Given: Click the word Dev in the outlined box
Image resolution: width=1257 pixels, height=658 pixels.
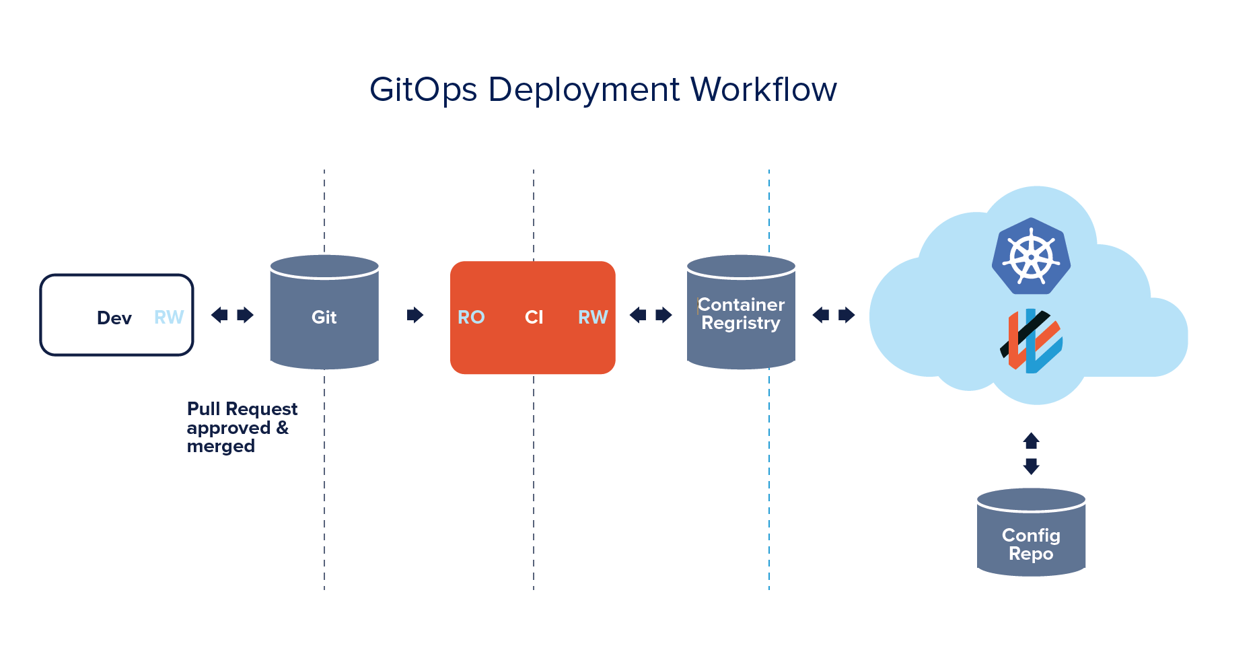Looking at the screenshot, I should [x=114, y=318].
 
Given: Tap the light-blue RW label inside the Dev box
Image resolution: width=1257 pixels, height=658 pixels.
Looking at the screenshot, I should [x=169, y=317].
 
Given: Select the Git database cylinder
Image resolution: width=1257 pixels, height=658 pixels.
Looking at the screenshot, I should [x=324, y=313].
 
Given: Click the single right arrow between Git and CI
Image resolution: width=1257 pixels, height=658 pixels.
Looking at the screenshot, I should [x=415, y=315].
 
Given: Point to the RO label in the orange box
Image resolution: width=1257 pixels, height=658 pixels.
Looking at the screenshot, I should [x=471, y=317].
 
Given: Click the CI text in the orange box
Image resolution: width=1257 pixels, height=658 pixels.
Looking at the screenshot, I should [x=534, y=317].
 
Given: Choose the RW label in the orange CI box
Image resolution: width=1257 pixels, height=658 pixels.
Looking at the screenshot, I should [x=593, y=317].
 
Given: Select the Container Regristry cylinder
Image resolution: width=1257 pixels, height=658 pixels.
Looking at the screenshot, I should [x=741, y=313].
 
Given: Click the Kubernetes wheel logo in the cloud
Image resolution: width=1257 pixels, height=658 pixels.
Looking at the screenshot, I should [x=1031, y=256].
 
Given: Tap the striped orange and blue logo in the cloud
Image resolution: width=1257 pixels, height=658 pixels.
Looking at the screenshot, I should [x=1031, y=340].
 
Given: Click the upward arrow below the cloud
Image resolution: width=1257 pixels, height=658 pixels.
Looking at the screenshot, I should [x=1031, y=441].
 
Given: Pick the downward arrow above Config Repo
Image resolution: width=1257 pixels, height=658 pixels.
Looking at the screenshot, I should [x=1031, y=466].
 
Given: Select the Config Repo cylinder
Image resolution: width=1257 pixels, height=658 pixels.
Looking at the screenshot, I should [x=1031, y=533].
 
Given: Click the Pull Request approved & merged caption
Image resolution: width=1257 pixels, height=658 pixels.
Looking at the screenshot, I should [x=241, y=427].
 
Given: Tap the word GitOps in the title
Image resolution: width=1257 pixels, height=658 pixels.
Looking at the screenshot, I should [x=423, y=89].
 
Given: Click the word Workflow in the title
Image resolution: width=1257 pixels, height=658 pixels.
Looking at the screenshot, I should [x=764, y=89].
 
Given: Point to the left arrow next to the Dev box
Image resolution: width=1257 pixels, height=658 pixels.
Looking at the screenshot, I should [x=219, y=315].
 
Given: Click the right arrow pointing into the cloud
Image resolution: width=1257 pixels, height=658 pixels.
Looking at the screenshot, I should [x=847, y=315].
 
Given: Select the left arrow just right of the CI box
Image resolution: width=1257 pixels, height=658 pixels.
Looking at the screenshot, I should [x=638, y=315].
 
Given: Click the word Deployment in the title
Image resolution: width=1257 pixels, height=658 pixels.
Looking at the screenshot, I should [x=584, y=89].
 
